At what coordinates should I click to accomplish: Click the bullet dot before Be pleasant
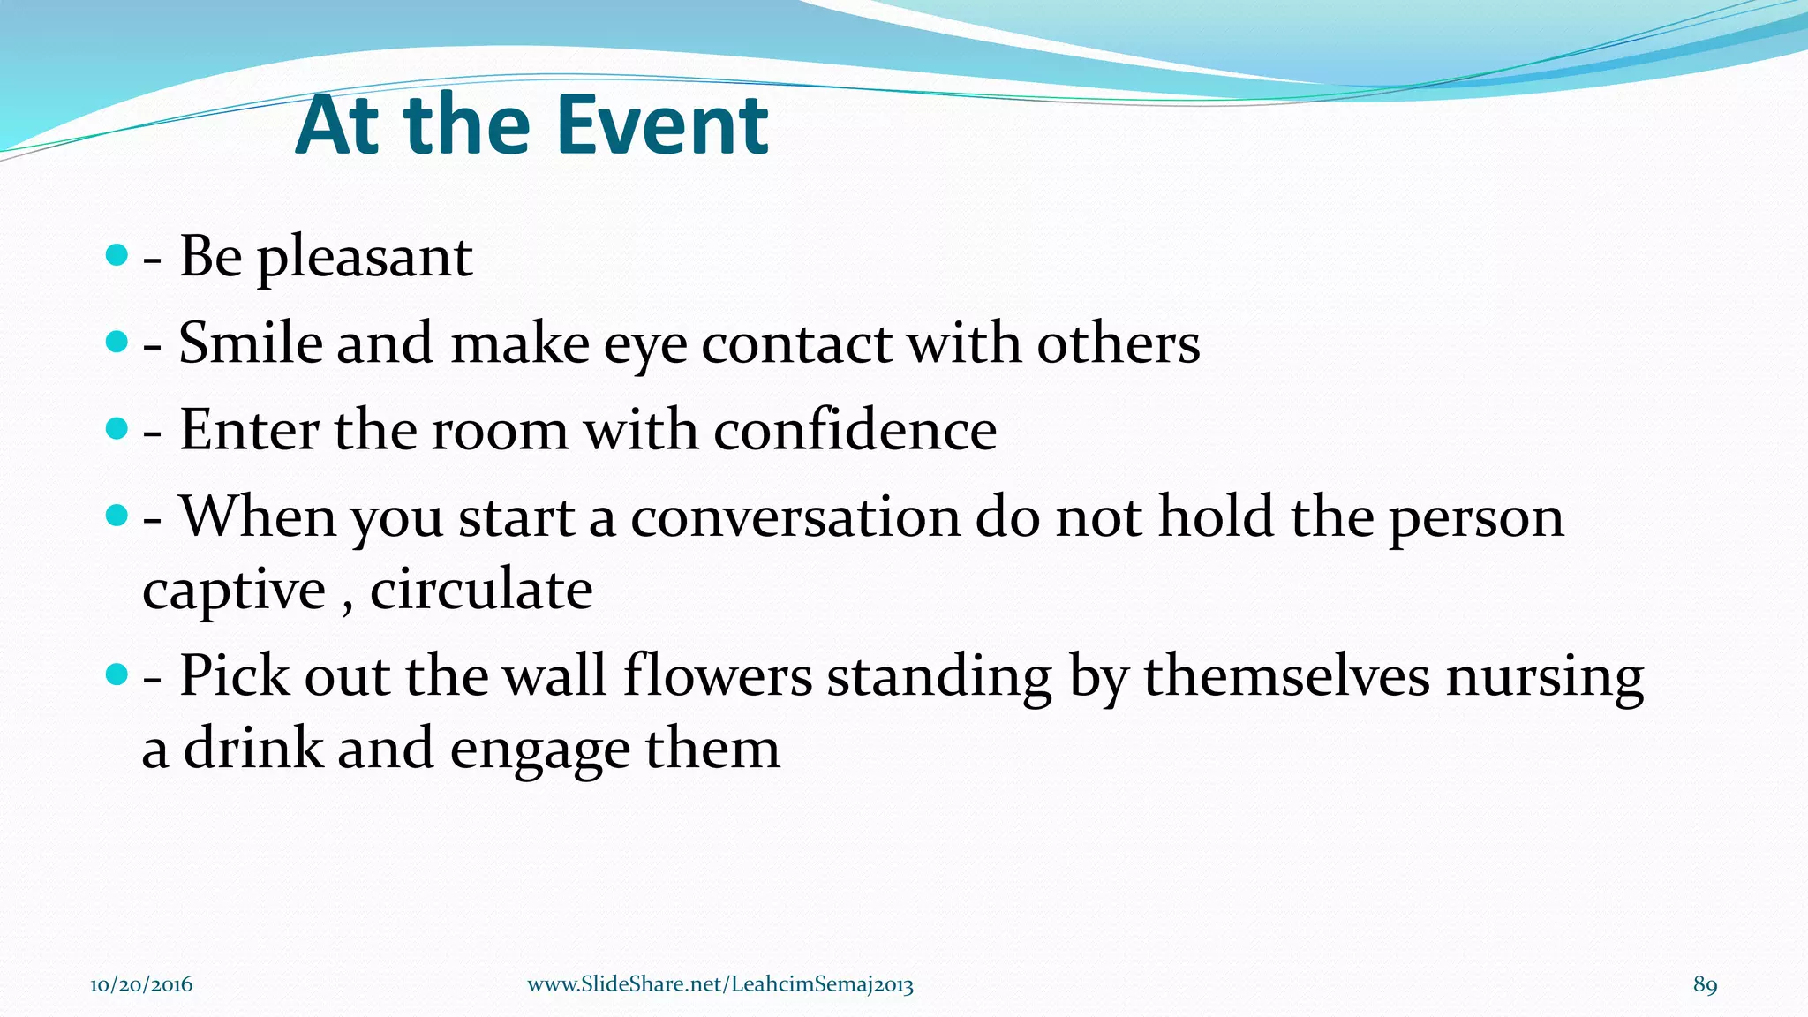coord(116,256)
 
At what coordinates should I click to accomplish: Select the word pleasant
coord(364,258)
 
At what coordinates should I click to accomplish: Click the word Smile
coord(250,343)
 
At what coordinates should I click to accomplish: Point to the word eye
coord(644,346)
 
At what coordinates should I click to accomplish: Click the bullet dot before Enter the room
coord(116,429)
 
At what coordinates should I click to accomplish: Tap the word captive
coord(234,591)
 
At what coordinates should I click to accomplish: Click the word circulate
coord(481,589)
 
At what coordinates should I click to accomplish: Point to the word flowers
coord(717,676)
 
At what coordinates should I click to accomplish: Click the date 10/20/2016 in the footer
coord(141,984)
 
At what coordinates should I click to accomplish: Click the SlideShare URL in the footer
coord(719,984)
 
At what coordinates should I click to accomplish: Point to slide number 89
coord(1705,984)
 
